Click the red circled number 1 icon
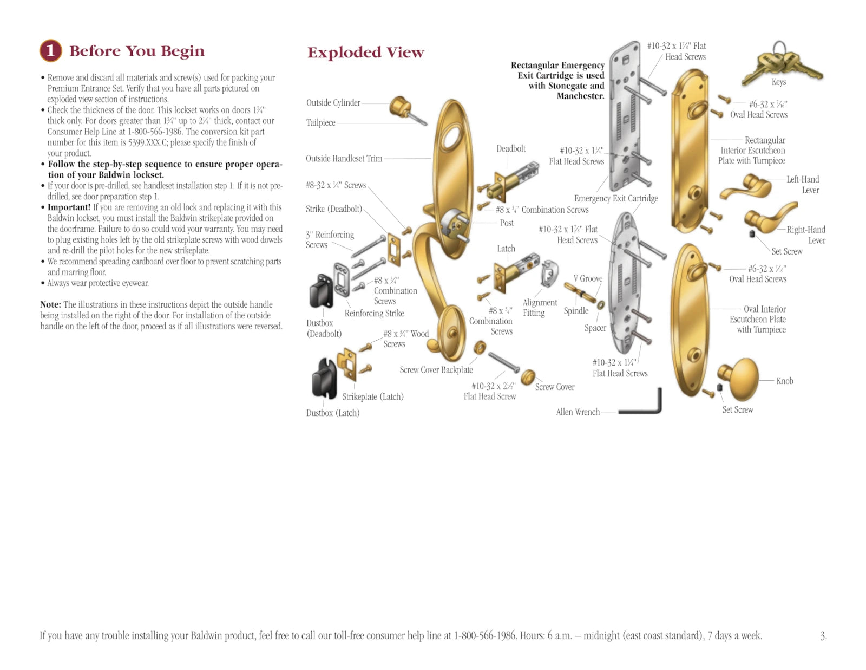click(x=50, y=51)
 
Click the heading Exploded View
click(x=365, y=53)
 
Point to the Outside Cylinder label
click(x=333, y=103)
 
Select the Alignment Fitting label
click(x=539, y=308)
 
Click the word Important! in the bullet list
click(x=69, y=207)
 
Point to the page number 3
click(x=823, y=636)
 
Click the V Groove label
click(x=588, y=278)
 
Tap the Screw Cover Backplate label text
click(x=436, y=370)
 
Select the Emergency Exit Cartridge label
click(x=616, y=198)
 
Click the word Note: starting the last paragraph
click(x=50, y=305)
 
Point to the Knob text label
click(x=784, y=381)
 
